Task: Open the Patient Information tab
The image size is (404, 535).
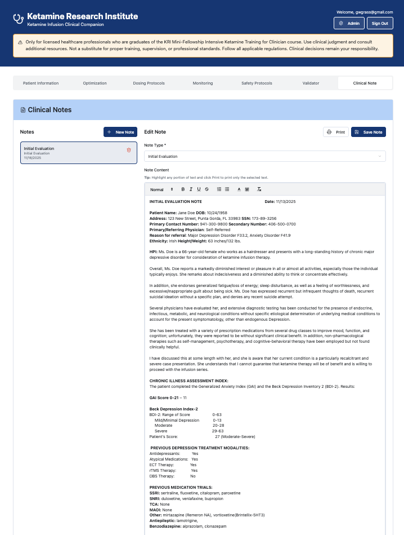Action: pos(41,83)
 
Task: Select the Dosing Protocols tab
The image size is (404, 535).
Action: pos(149,83)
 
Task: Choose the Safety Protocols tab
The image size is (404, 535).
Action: pos(257,83)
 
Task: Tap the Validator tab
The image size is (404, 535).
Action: pos(311,83)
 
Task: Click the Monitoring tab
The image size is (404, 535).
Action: pos(203,83)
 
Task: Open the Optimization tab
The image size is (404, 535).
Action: pos(95,83)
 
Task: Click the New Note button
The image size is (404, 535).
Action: pos(120,132)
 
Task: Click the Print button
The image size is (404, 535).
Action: pos(336,132)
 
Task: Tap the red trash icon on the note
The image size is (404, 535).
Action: pos(129,150)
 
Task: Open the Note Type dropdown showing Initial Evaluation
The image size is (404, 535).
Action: pos(264,156)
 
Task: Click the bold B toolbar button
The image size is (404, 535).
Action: pos(183,189)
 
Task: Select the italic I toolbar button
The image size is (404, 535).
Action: pos(191,189)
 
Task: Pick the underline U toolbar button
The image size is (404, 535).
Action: pos(199,189)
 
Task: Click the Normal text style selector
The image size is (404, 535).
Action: pos(161,189)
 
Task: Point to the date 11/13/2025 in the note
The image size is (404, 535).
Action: pos(285,201)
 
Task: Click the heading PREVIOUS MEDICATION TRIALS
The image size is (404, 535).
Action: pos(181,487)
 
